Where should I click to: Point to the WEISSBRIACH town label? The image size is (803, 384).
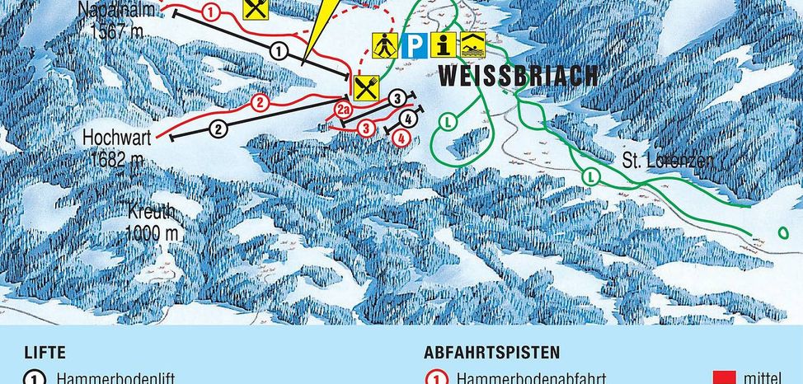tap(517, 77)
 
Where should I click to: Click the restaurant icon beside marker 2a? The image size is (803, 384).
tap(365, 87)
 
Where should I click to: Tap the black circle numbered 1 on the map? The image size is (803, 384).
tap(279, 51)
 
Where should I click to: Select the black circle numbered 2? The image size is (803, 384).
tap(218, 129)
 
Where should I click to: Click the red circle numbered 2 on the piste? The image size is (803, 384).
tap(261, 103)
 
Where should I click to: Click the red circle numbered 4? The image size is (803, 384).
tap(401, 138)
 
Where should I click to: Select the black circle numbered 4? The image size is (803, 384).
tap(410, 120)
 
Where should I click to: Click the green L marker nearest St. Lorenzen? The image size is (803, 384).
tap(590, 176)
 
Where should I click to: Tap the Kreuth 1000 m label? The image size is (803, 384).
tap(152, 222)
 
